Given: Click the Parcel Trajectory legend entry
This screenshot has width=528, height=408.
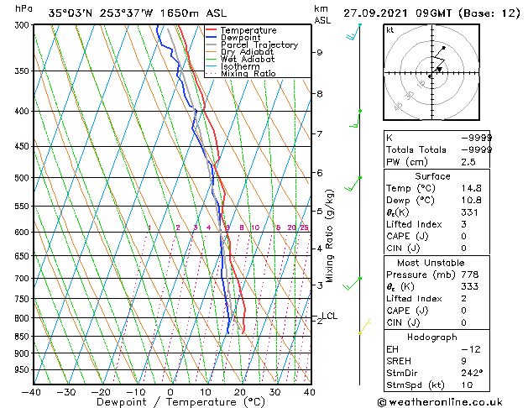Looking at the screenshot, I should tap(259, 44).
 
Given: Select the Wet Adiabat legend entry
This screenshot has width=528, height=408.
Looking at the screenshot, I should tap(247, 59).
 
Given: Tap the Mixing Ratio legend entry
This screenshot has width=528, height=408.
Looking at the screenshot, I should tap(248, 74).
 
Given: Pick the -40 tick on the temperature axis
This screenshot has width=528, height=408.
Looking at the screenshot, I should tap(32, 392).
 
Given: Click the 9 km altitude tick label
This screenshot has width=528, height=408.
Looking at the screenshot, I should tap(320, 52).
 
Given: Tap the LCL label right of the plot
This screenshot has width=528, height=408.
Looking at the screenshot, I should tap(329, 316).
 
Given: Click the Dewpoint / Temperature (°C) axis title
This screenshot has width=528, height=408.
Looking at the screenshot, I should tap(170, 402).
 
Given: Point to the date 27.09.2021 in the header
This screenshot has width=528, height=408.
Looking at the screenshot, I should tap(379, 13).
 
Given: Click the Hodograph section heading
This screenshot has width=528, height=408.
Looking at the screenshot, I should tap(432, 337).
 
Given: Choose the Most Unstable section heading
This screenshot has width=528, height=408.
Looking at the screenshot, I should tap(432, 263).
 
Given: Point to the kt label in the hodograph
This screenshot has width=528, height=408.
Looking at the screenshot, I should tap(390, 30).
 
